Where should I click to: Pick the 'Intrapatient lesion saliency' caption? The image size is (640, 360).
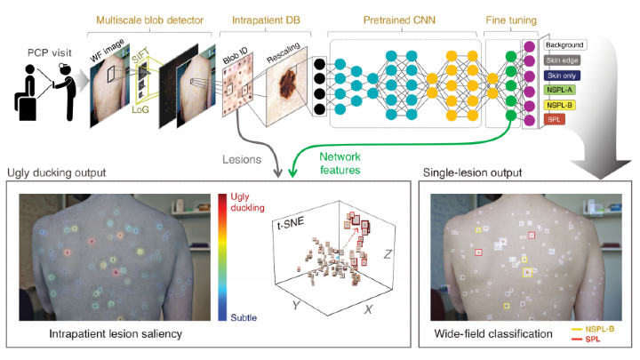(123, 335)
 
